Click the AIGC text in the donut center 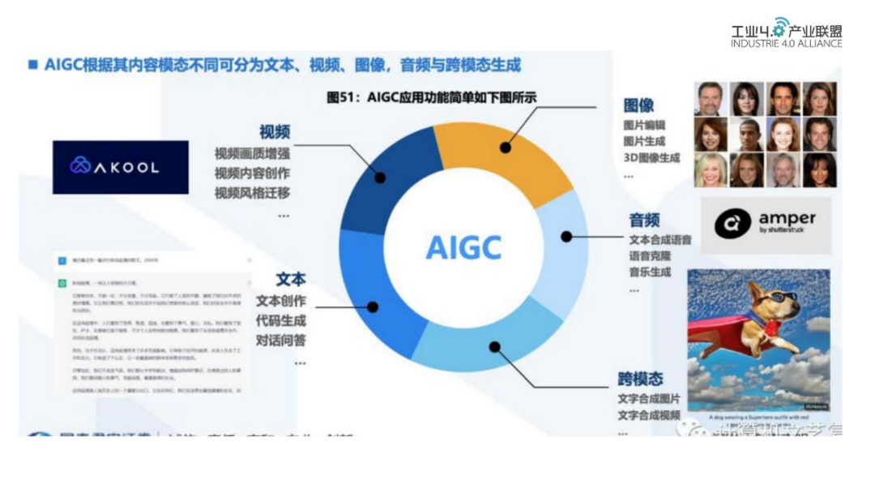463,247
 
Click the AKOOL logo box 120,167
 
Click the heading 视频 274,132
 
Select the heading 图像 638,105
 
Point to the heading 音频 645,220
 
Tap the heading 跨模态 640,379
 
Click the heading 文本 291,280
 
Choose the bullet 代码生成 281,320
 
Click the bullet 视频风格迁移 252,193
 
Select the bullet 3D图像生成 651,157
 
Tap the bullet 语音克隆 650,256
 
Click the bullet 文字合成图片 649,399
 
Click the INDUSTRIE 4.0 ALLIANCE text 786,44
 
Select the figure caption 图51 431,97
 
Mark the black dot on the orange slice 506,148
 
